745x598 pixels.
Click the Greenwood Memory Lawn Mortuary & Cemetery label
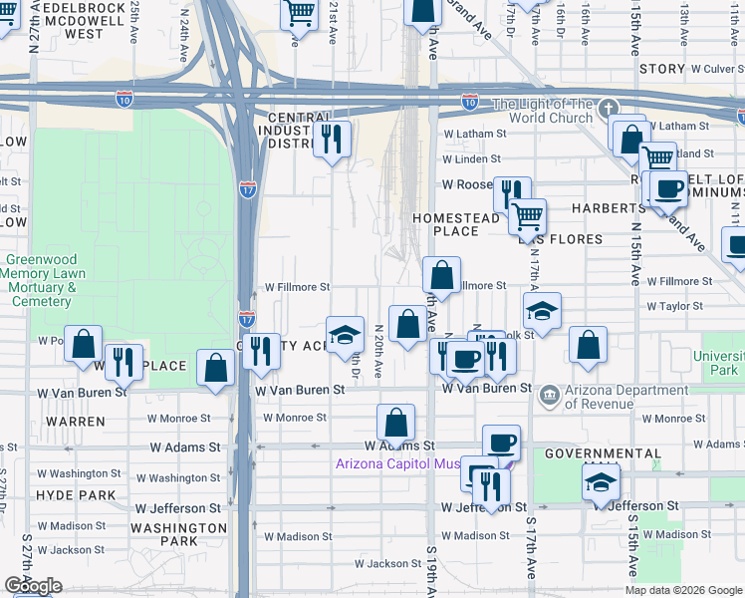(x=38, y=280)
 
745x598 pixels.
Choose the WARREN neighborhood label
(x=76, y=422)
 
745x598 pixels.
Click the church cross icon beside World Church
(x=609, y=109)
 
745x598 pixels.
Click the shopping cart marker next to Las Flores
(x=527, y=215)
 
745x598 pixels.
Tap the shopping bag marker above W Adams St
(x=396, y=423)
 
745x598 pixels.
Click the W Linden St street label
(x=471, y=159)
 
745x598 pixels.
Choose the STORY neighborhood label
(x=662, y=69)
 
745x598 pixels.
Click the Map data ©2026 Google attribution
(x=682, y=590)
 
